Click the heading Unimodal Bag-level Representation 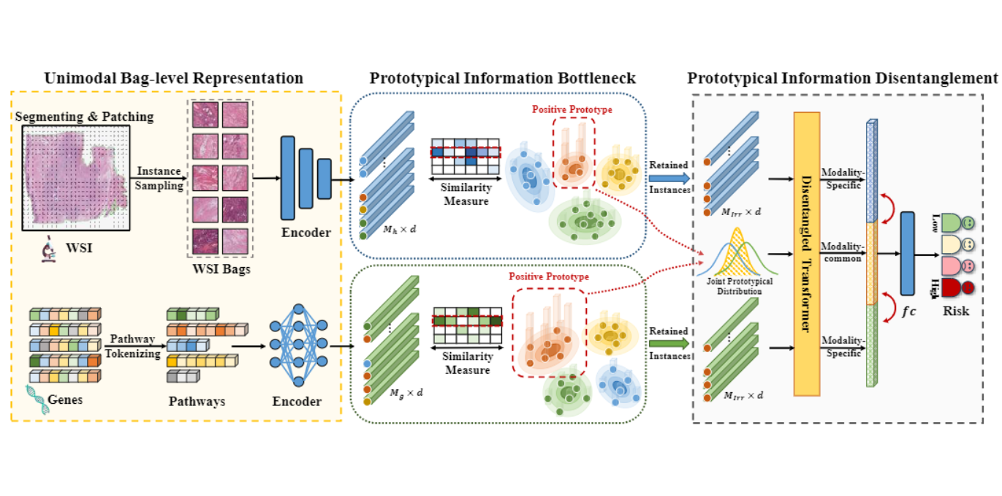pos(173,78)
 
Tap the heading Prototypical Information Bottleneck pos(503,78)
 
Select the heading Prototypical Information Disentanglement pos(843,78)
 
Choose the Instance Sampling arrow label pos(159,179)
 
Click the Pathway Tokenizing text pos(133,345)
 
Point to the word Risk pos(955,311)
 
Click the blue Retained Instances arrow pos(668,177)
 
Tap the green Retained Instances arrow pos(668,343)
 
